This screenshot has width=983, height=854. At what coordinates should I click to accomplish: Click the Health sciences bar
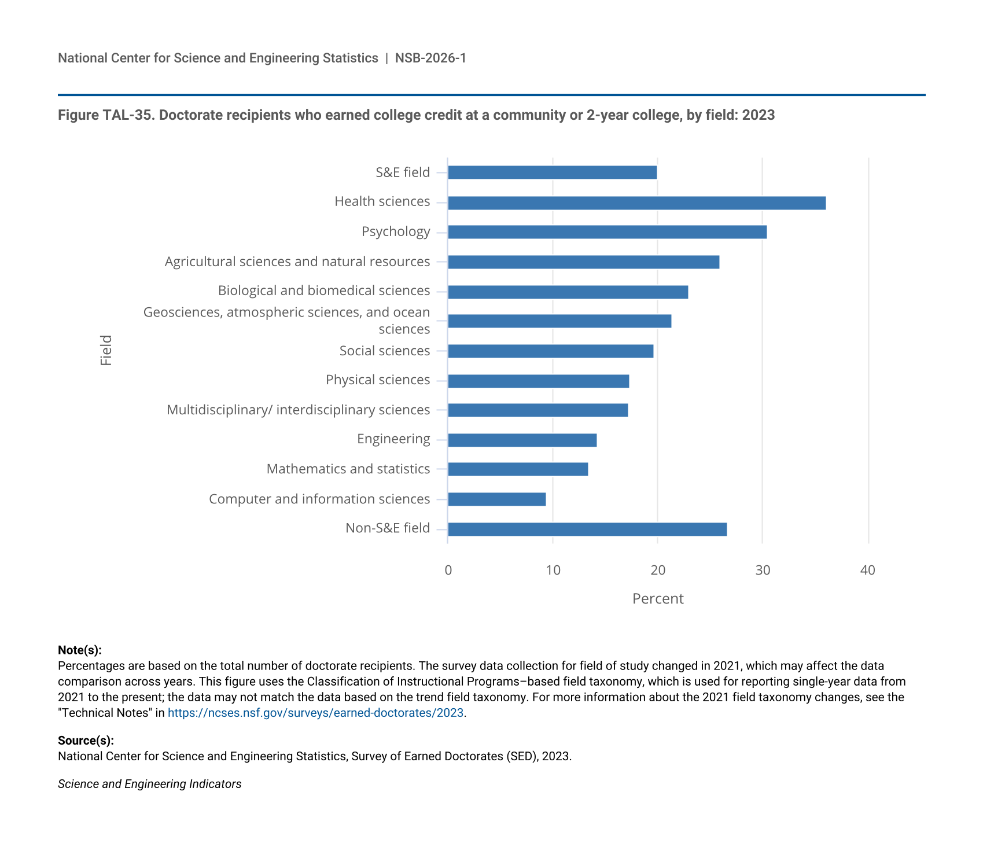pos(636,203)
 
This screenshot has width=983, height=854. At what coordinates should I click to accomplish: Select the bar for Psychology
pos(607,232)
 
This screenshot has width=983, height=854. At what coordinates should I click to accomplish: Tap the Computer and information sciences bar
pos(496,499)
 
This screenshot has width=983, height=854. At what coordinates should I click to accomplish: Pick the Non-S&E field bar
pos(587,529)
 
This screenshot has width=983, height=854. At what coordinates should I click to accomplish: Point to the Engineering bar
pos(522,440)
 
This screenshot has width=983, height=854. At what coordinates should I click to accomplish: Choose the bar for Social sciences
pos(550,351)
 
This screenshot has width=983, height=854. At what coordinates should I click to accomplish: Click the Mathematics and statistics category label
pos(348,469)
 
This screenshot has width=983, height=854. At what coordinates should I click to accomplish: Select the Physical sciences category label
pos(378,380)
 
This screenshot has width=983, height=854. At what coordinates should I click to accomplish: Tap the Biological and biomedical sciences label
pos(324,290)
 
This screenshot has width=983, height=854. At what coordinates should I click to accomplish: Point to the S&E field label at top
pos(403,172)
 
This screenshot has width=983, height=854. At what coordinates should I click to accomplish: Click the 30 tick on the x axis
pos(763,570)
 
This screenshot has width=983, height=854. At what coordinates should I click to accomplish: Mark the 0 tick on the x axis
pos(448,570)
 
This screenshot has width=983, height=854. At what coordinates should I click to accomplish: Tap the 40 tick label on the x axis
pos(868,570)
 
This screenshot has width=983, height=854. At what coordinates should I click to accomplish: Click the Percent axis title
pos(658,599)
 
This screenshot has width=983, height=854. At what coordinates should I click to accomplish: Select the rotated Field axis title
pos(106,350)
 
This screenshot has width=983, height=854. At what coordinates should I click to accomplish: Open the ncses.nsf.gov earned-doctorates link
pos(315,713)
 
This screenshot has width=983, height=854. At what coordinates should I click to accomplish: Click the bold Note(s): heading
pos(80,650)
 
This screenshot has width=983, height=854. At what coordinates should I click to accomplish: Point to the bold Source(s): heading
pos(86,741)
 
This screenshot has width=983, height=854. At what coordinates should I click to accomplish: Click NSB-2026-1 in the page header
pos(430,58)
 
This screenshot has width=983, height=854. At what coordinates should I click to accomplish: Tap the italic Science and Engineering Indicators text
pos(150,784)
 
